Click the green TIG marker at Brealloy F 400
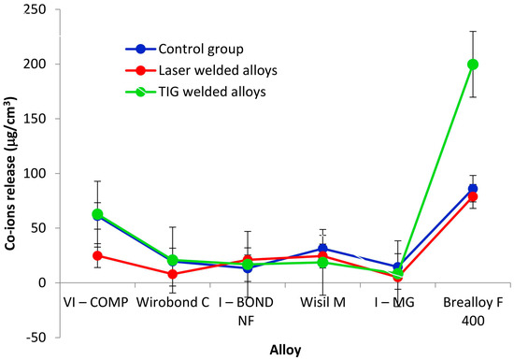473,64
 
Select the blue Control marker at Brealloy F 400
473,189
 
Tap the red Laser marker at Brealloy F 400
473,196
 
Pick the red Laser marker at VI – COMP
71,255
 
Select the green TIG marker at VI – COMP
71,214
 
